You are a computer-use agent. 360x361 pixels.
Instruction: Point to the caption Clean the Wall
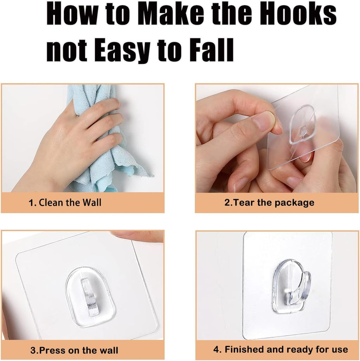(70, 202)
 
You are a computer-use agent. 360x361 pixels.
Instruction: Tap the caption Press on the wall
(79, 350)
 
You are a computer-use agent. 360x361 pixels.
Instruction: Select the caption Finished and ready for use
(286, 349)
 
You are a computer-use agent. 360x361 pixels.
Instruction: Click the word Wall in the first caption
(92, 202)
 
